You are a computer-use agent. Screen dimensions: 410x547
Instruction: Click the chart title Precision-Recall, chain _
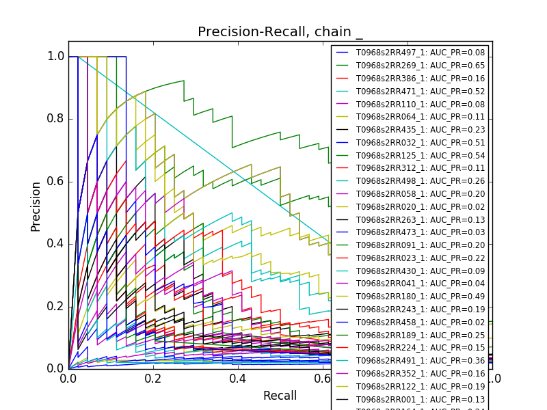point(280,32)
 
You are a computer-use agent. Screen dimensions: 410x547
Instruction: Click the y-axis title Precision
point(36,206)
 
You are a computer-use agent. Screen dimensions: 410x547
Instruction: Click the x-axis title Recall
point(280,396)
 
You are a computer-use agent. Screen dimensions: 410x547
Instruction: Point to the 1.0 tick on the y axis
point(56,57)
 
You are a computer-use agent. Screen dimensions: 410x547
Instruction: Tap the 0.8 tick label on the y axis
point(56,119)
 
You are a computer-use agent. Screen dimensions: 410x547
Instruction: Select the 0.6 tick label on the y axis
point(56,181)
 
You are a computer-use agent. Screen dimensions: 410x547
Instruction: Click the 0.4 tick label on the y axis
point(56,244)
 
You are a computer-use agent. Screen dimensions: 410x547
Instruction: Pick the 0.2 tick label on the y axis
point(56,306)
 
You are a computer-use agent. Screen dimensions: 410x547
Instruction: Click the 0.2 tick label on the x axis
point(153,379)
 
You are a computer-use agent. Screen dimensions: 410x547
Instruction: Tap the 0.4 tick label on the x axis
point(238,379)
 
